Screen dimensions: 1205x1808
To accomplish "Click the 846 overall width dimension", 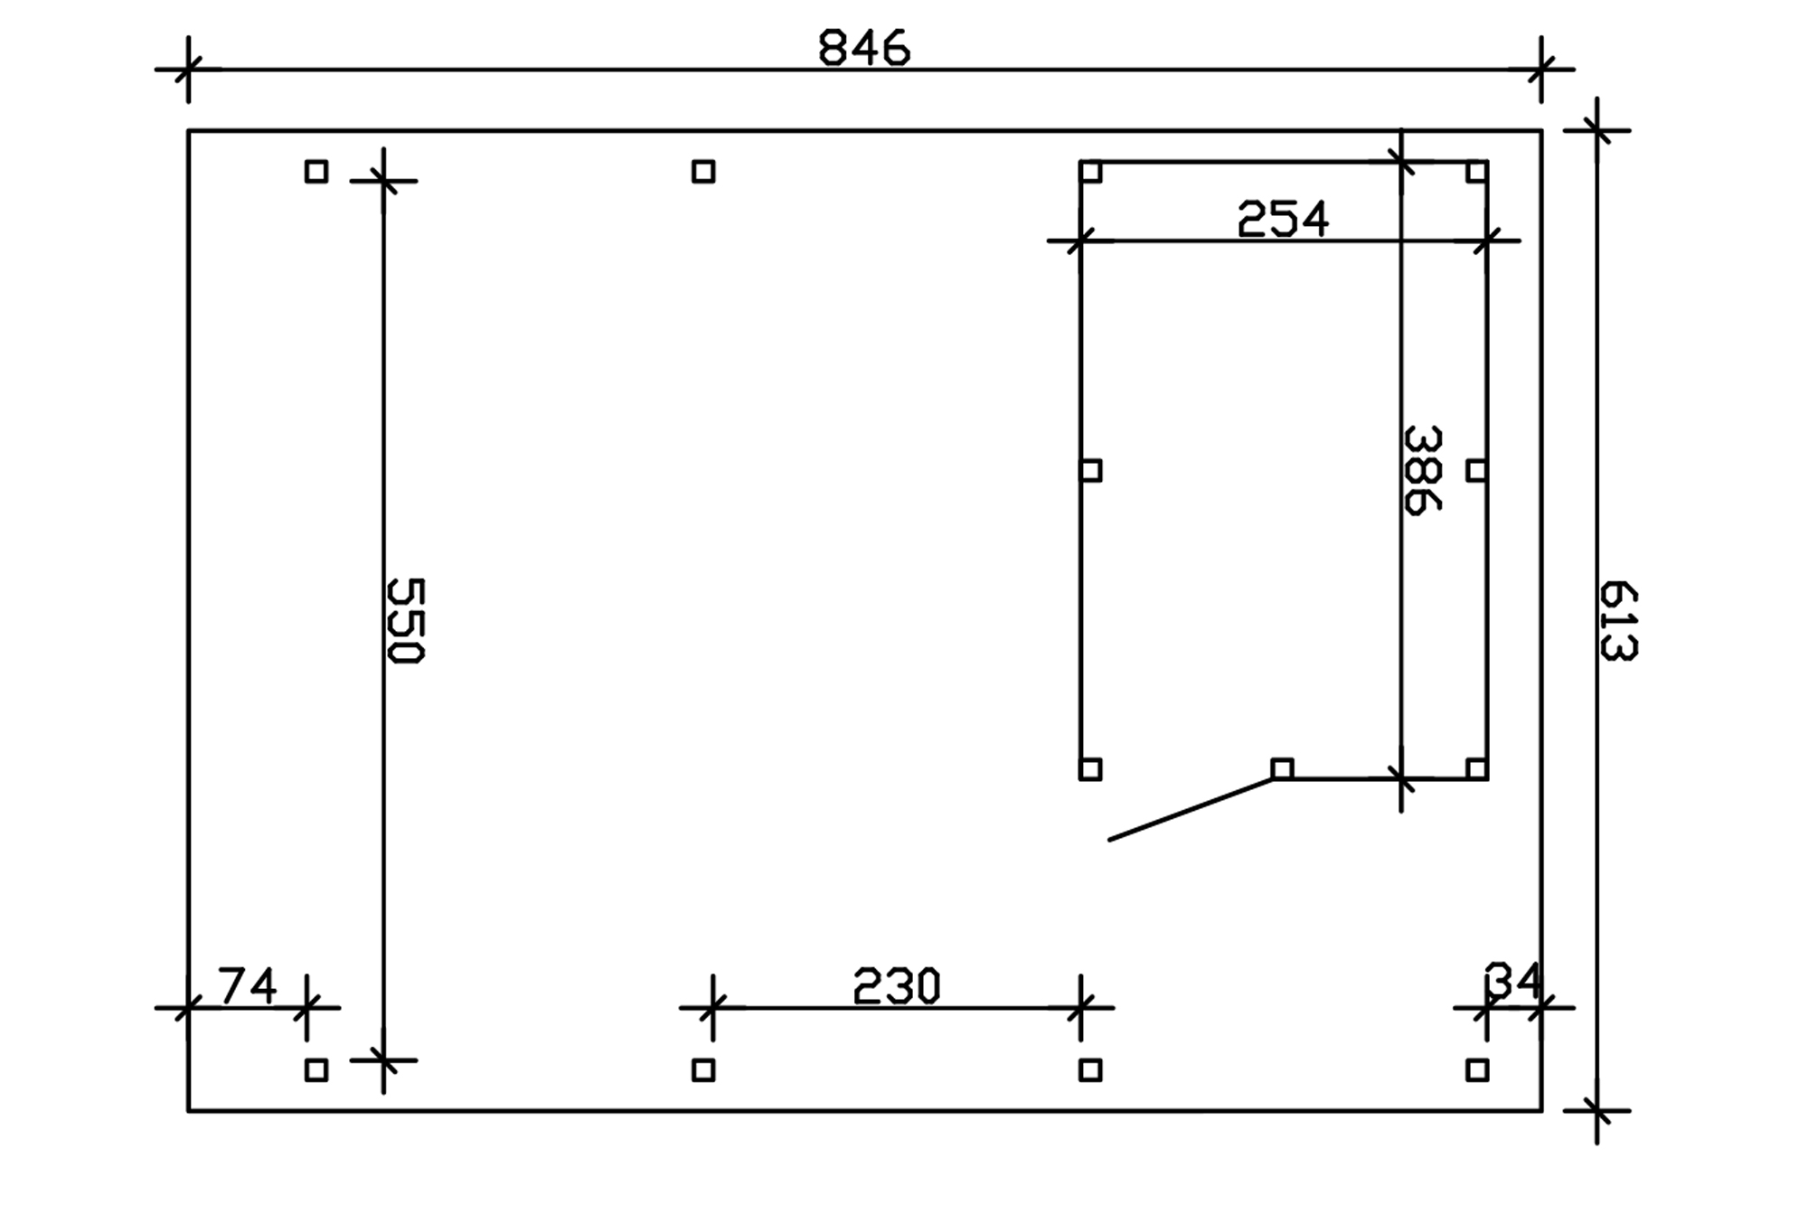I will point(863,49).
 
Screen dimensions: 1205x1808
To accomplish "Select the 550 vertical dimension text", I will point(405,621).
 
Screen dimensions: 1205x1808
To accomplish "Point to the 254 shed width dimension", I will point(1283,220).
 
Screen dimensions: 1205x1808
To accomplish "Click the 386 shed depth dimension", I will point(1422,470).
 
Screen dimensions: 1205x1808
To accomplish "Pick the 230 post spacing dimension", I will point(897,986).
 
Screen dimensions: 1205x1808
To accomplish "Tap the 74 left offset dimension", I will point(248,986).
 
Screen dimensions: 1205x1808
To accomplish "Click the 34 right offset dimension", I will point(1512,981).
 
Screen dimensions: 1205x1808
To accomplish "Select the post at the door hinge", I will point(1282,769).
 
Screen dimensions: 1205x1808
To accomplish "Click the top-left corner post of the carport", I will point(316,172).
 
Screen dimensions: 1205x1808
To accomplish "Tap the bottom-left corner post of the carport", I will point(316,1070).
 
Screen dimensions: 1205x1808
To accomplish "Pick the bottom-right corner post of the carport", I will point(1477,1070).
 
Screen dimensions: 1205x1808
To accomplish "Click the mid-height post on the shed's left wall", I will point(1091,470).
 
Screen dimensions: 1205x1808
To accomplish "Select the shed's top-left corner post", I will point(1091,172).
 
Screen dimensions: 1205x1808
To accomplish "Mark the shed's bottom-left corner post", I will point(1091,769).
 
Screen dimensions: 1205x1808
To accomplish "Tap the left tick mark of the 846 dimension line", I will point(188,69).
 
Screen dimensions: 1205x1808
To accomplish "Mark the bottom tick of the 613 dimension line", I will point(1597,1110).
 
